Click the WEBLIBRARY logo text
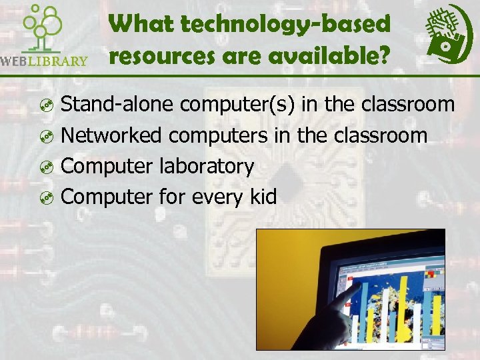pyautogui.click(x=45, y=61)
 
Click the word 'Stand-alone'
pyautogui.click(x=118, y=105)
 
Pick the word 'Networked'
pyautogui.click(x=111, y=135)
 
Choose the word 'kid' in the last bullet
pyautogui.click(x=262, y=197)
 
